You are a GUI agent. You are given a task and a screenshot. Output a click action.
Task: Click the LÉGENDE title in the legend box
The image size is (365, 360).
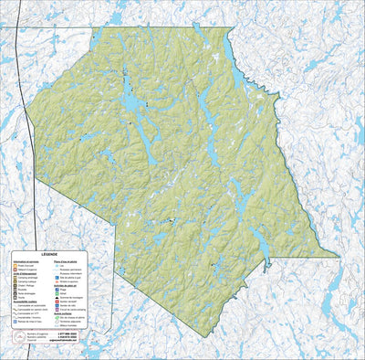tap(49, 254)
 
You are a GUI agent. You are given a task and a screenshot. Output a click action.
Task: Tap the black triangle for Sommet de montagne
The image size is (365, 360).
tap(56, 298)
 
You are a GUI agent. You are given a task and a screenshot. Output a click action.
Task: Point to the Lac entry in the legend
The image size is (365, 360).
tap(61, 265)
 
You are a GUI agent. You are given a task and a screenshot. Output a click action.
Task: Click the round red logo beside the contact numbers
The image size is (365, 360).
tap(20, 337)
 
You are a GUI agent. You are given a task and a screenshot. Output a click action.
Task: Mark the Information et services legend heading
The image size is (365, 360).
tap(22, 261)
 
